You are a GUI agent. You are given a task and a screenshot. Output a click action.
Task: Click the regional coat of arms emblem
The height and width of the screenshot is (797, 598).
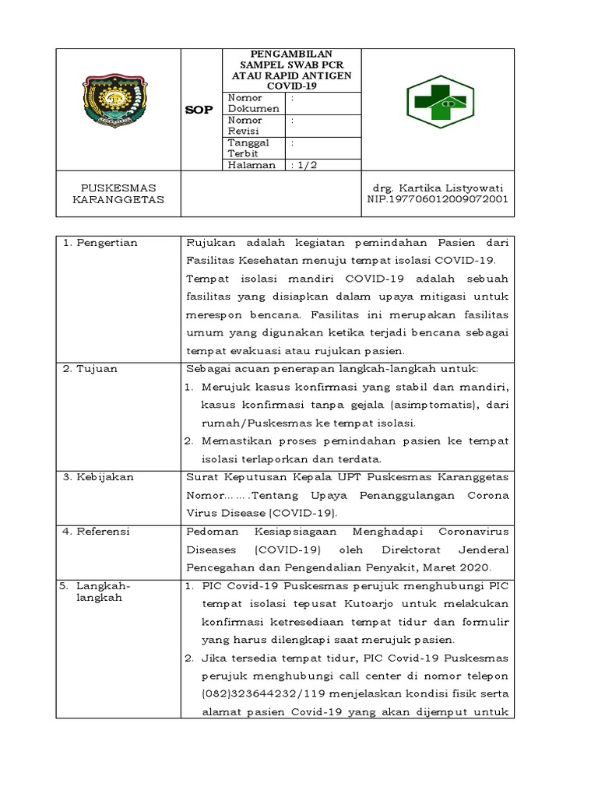118,100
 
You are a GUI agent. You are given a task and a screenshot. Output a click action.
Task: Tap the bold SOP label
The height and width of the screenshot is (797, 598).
198,110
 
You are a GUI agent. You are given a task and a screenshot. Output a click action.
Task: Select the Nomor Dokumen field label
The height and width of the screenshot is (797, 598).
253,104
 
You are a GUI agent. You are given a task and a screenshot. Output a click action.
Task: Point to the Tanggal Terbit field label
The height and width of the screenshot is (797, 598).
249,148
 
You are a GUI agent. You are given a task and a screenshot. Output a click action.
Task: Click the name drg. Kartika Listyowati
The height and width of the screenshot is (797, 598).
437,188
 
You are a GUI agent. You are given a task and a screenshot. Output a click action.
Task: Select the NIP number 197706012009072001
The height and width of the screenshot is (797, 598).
437,199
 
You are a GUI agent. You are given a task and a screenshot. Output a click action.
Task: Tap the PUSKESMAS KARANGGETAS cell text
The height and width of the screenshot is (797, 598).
118,194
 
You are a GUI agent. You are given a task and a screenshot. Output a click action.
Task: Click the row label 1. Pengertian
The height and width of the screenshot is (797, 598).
100,243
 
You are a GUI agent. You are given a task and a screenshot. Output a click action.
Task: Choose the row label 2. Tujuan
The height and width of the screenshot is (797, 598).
91,368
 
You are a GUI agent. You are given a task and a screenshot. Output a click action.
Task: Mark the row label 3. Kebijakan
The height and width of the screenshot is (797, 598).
98,477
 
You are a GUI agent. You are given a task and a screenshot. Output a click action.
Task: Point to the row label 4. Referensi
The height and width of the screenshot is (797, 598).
97,531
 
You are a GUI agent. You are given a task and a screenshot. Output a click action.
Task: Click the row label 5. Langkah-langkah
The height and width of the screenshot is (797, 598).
97,591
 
